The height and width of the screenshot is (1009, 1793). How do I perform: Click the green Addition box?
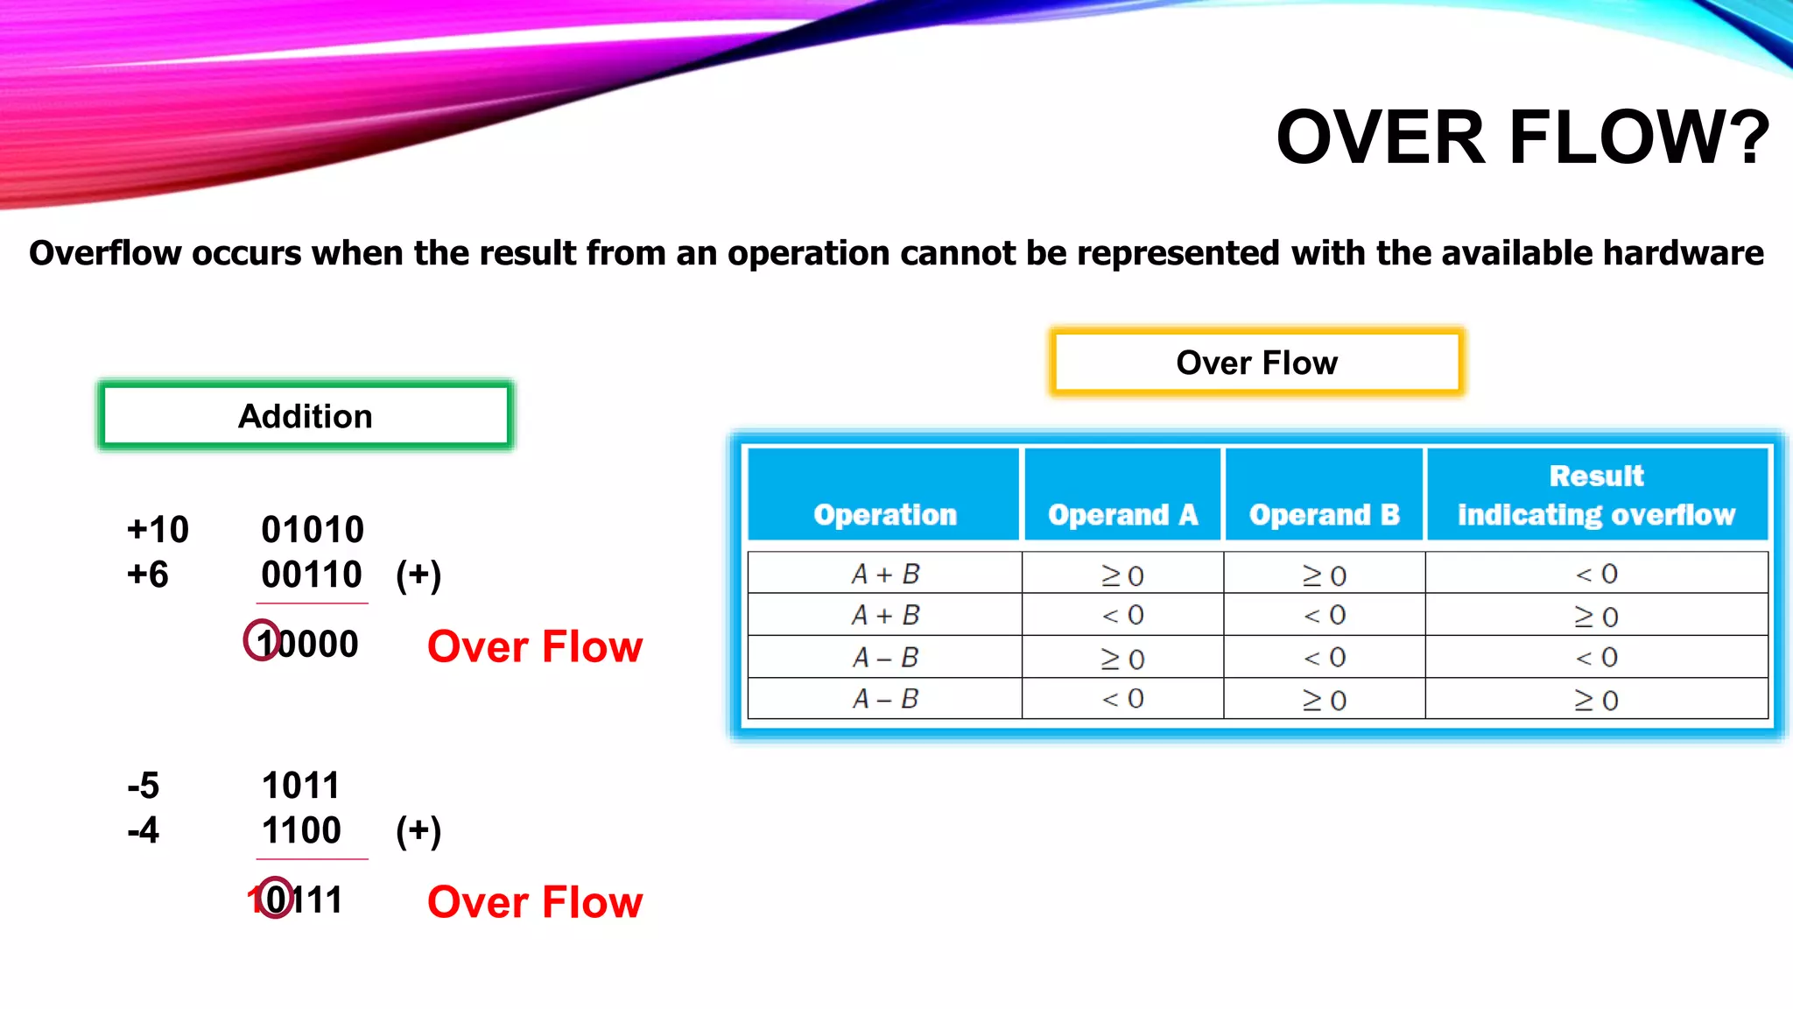[x=306, y=416]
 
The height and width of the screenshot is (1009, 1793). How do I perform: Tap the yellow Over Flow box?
[x=1256, y=363]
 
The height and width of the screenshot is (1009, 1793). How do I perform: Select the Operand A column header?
[x=1122, y=514]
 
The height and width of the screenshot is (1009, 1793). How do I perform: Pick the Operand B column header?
[x=1324, y=514]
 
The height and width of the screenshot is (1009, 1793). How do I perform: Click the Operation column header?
[x=885, y=514]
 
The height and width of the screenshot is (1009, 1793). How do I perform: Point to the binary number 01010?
[x=313, y=530]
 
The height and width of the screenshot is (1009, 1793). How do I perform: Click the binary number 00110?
[x=312, y=575]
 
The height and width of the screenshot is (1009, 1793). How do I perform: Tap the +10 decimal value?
[x=158, y=530]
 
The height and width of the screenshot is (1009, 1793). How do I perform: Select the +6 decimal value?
[x=148, y=575]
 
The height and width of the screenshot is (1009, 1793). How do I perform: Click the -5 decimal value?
[x=144, y=786]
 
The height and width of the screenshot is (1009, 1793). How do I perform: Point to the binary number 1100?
[x=301, y=830]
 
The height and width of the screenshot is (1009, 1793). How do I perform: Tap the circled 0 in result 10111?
[x=277, y=899]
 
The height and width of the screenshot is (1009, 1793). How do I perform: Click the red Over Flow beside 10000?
[x=535, y=646]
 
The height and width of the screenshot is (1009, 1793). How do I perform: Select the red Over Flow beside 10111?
[x=535, y=902]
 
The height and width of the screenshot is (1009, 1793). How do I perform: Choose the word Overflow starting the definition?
[x=105, y=253]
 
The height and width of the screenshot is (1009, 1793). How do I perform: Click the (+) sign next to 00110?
[x=418, y=575]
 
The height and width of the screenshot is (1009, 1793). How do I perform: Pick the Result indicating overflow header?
[x=1596, y=495]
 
